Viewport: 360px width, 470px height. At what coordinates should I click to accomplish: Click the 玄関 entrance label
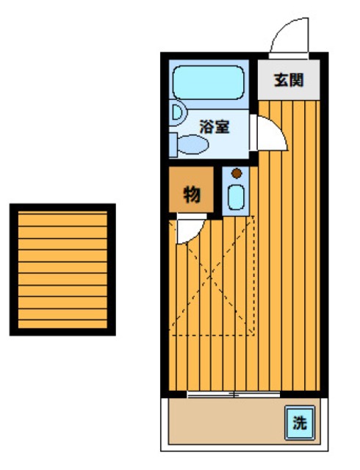tap(289, 81)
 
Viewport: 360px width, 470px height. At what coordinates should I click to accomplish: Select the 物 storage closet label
tap(192, 194)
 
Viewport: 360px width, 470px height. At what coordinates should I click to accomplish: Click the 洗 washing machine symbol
tap(298, 422)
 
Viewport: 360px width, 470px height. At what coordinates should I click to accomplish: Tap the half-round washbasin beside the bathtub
tap(176, 112)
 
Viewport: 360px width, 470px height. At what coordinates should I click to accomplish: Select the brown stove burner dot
tap(236, 174)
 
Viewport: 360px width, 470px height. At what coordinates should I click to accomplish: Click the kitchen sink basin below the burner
tap(236, 198)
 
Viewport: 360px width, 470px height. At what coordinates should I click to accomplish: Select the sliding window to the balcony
tap(234, 395)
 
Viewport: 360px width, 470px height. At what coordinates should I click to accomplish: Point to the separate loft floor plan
tap(62, 270)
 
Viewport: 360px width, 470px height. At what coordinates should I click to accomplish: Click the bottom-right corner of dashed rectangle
tap(254, 334)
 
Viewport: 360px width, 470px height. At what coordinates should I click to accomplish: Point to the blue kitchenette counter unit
tap(236, 191)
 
